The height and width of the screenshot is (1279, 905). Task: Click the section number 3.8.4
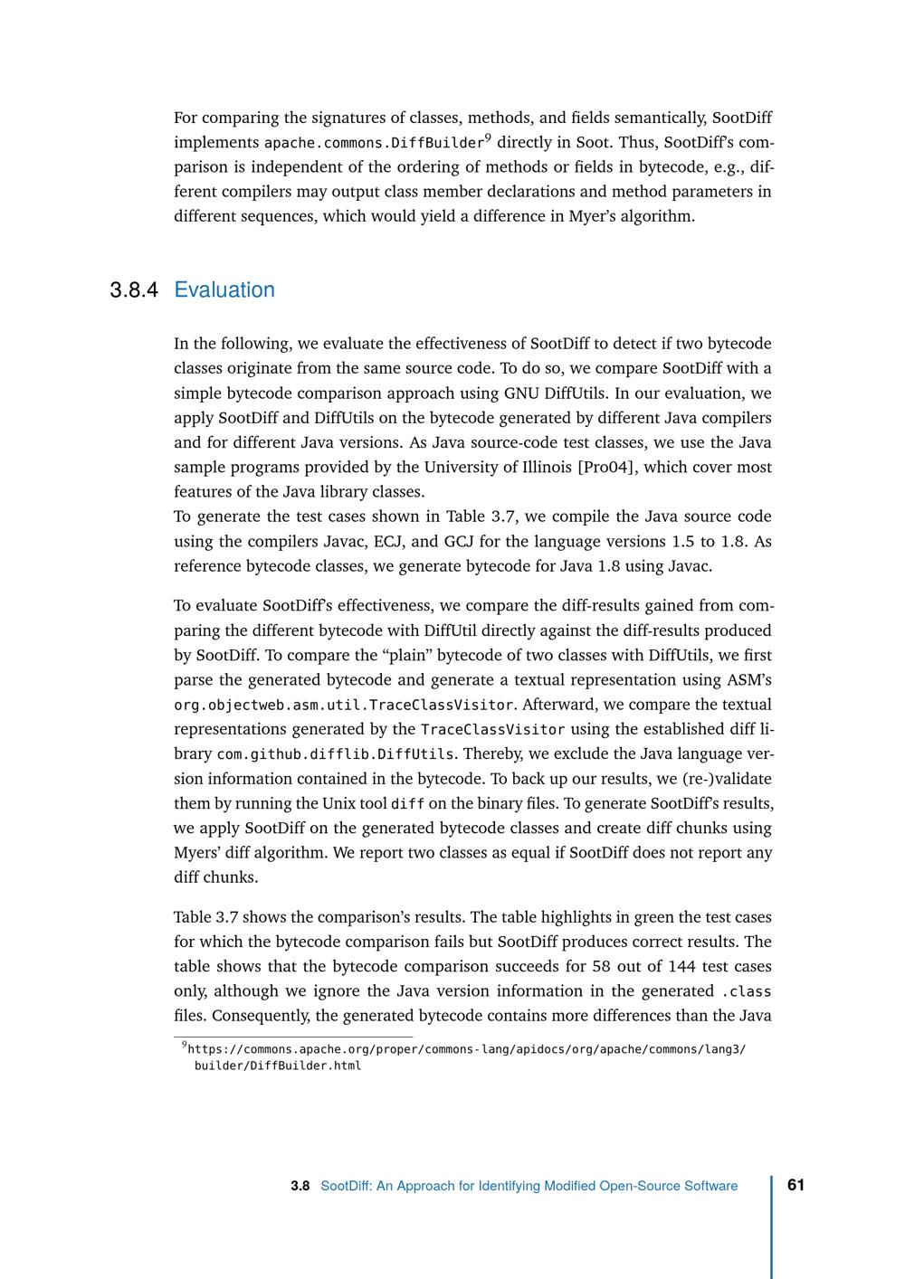(134, 290)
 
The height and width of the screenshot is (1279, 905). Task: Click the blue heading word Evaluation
(224, 290)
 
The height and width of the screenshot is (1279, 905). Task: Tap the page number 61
(796, 1185)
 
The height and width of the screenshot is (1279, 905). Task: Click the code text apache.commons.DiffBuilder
(374, 143)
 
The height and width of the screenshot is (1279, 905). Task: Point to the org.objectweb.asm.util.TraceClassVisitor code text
(344, 705)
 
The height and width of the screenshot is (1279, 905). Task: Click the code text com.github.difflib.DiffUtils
(336, 754)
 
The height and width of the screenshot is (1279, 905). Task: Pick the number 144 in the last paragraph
(688, 966)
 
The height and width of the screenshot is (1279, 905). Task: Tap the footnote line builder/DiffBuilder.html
(278, 1066)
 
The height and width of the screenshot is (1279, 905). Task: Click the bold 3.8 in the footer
(300, 1186)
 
